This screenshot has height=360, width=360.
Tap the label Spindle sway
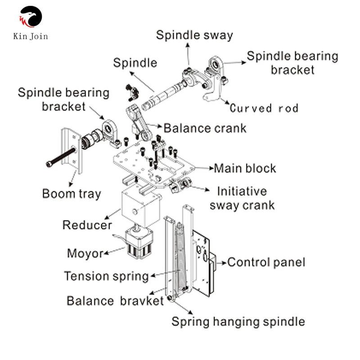point(194,35)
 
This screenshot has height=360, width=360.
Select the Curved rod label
point(264,108)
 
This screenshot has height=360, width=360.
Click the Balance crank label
point(205,128)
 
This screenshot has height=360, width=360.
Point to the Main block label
point(245,168)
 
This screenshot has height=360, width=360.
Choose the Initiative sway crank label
point(242,198)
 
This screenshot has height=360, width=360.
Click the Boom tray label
point(72,194)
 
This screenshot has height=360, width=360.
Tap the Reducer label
point(87,225)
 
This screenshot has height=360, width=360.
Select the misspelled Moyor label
point(85,253)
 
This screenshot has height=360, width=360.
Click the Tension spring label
point(106,276)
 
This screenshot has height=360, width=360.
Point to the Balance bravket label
point(115,301)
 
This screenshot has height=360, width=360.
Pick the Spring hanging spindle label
point(238,322)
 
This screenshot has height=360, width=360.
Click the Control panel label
point(266,262)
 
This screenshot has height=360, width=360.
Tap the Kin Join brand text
point(31,36)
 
